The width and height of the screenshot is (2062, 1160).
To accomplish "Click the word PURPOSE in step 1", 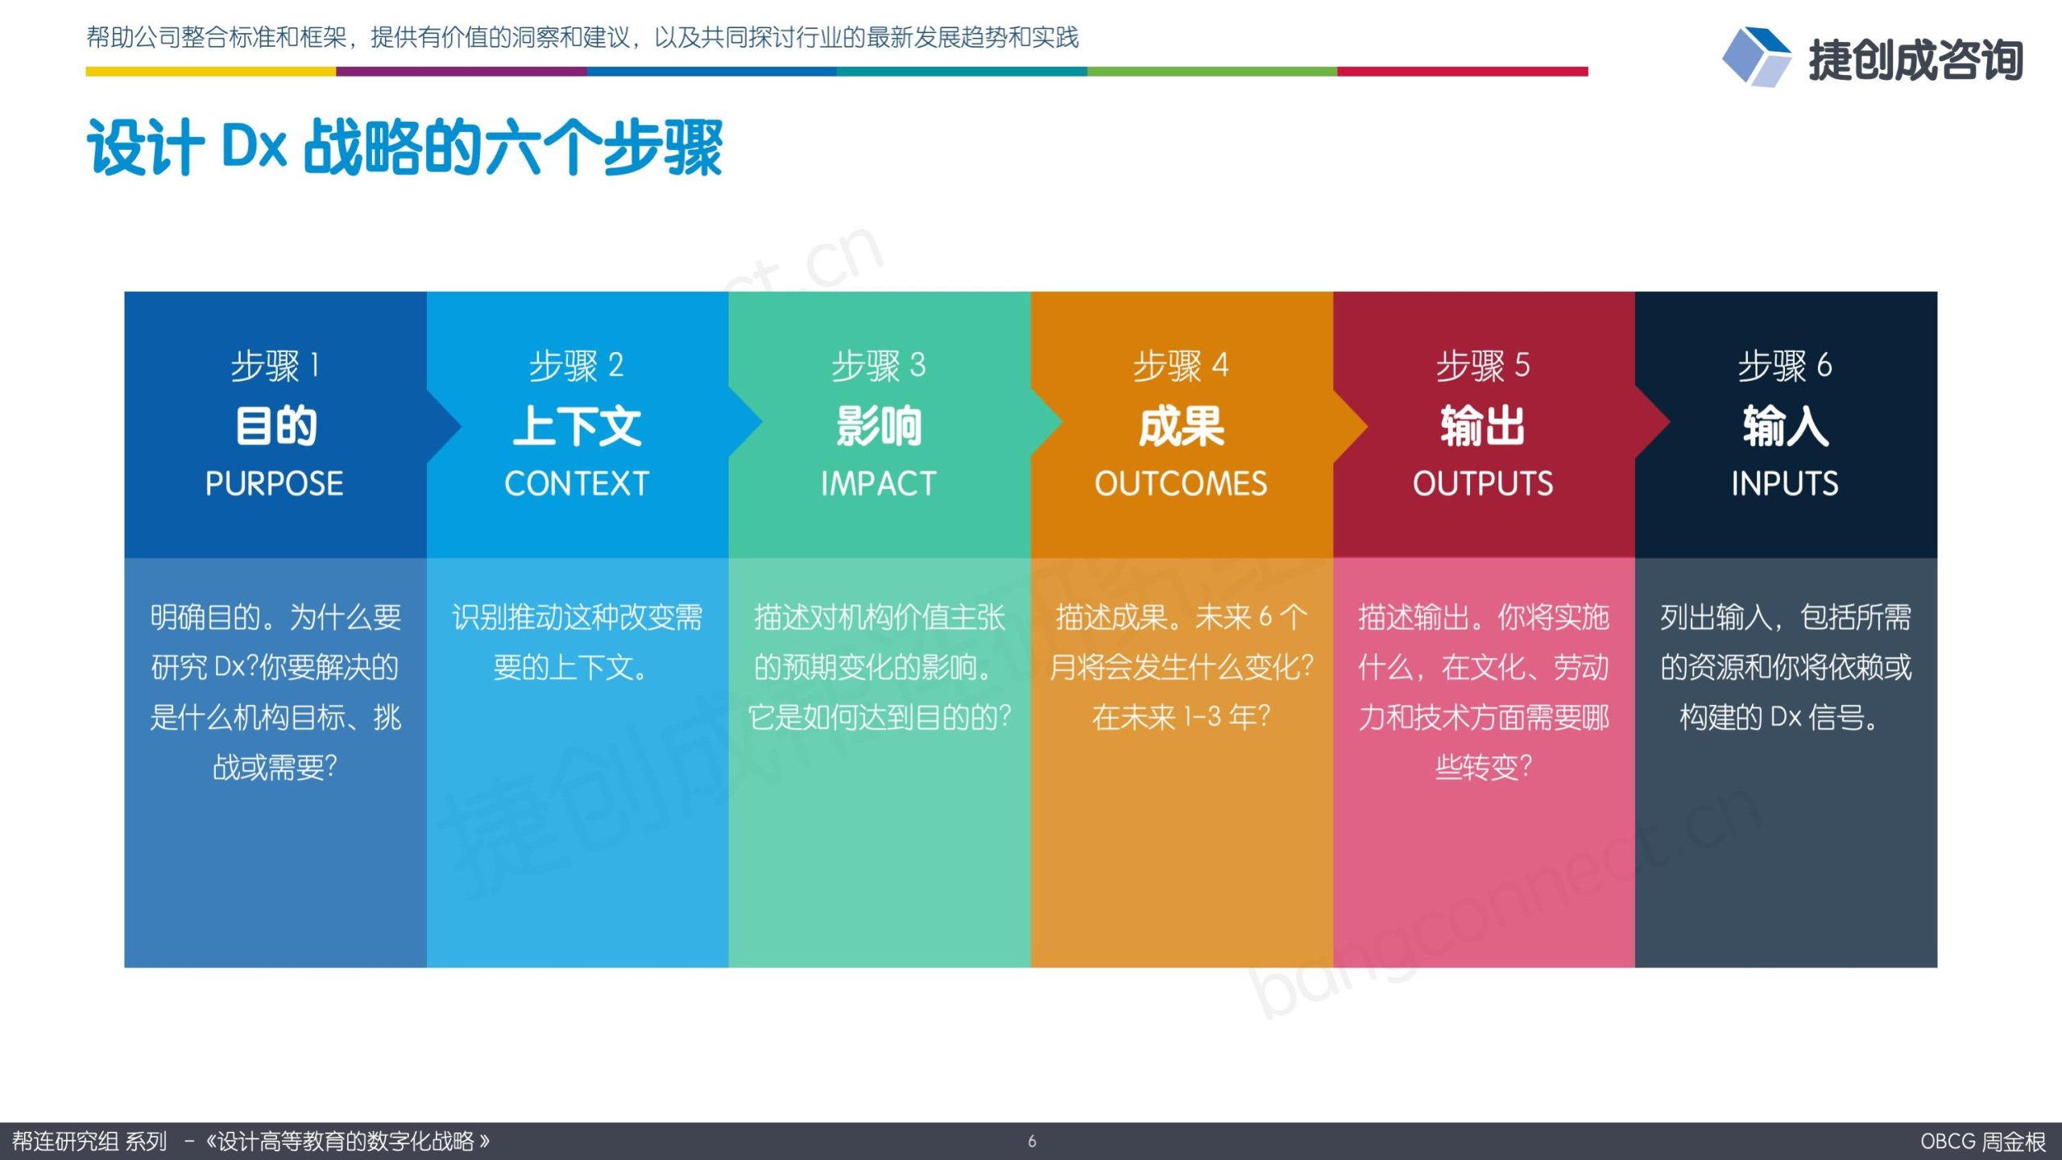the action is pyautogui.click(x=275, y=483).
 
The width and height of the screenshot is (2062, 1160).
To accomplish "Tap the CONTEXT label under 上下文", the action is pyautogui.click(x=577, y=483).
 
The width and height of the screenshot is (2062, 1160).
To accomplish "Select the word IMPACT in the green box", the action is pyautogui.click(x=879, y=483).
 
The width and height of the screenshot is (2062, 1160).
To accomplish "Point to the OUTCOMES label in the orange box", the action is pyautogui.click(x=1181, y=483).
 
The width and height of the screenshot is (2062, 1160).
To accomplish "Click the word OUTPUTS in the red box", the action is pyautogui.click(x=1483, y=483).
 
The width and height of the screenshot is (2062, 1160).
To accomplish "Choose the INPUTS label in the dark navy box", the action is pyautogui.click(x=1785, y=483).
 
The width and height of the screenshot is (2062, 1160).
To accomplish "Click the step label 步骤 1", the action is pyautogui.click(x=275, y=366).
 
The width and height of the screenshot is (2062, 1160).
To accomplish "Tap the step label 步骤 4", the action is pyautogui.click(x=1181, y=366).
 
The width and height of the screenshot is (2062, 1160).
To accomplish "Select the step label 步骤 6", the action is pyautogui.click(x=1785, y=366).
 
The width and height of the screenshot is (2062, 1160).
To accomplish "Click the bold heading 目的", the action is pyautogui.click(x=275, y=426).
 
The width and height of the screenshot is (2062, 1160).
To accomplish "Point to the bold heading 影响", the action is pyautogui.click(x=879, y=426).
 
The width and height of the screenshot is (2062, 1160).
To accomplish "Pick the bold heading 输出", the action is pyautogui.click(x=1483, y=426).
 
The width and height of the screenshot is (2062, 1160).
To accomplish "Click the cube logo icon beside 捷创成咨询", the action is pyautogui.click(x=1757, y=57).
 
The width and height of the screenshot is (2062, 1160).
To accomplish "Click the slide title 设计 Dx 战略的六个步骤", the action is pyautogui.click(x=404, y=147).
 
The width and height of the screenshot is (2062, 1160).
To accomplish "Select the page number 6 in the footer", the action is pyautogui.click(x=1032, y=1141).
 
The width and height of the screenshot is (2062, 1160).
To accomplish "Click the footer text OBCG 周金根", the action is pyautogui.click(x=1982, y=1141).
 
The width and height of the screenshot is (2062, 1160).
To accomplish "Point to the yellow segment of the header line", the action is pyautogui.click(x=211, y=72).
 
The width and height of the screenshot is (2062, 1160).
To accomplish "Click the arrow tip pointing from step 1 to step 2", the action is pyautogui.click(x=460, y=425).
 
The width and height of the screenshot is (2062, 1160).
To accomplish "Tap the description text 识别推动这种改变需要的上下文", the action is pyautogui.click(x=577, y=643).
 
